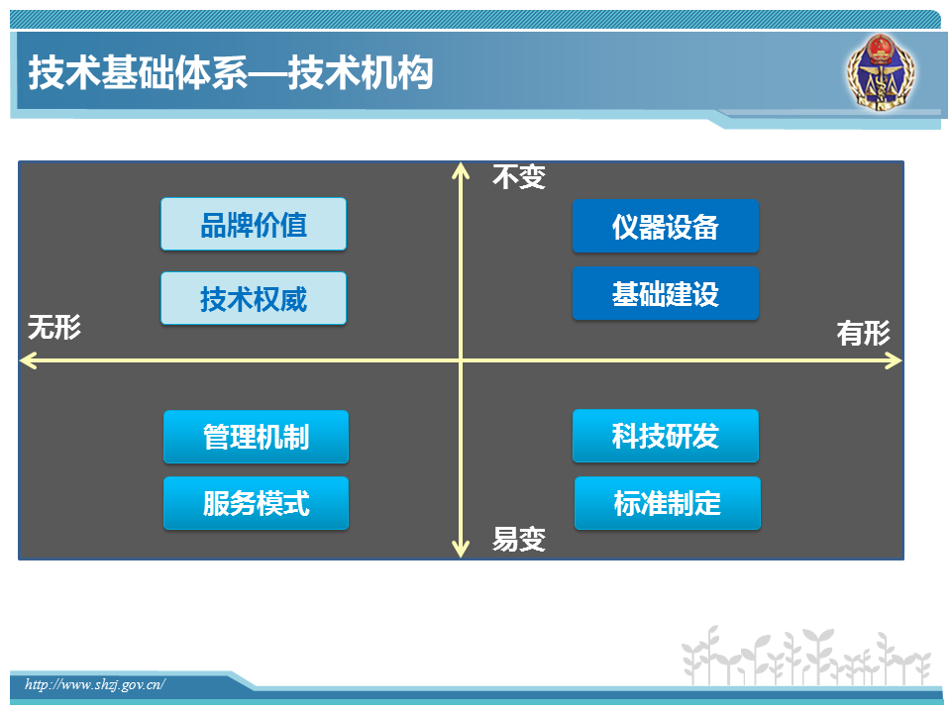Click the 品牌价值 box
(254, 224)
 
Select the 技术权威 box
(254, 298)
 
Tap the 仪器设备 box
(666, 226)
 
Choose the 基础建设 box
(666, 293)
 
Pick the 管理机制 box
(256, 437)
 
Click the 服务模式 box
(256, 503)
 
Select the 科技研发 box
(666, 436)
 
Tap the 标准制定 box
(667, 503)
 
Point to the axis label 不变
(519, 177)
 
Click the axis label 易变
(519, 539)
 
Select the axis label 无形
(54, 328)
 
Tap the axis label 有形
(864, 333)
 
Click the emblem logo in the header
(882, 72)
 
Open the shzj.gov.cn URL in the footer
(95, 684)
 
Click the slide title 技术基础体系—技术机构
(231, 72)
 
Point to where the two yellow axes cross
(461, 360)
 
